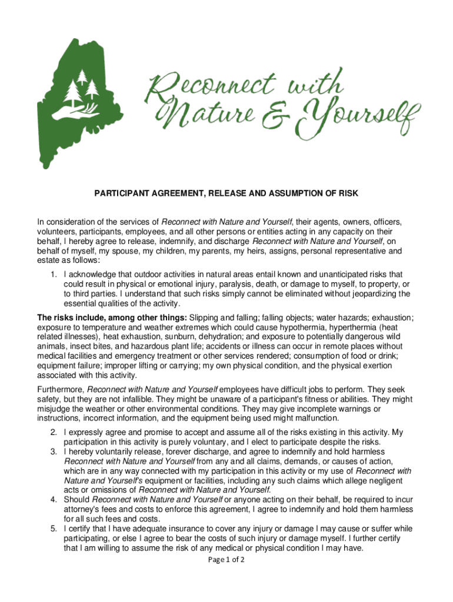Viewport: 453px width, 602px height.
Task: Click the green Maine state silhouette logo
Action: (76, 100)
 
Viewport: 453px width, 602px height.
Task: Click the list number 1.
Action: (53, 274)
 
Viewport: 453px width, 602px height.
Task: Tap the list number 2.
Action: (53, 433)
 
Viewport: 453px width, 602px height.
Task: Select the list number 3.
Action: (53, 451)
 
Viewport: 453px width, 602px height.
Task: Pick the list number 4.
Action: (53, 500)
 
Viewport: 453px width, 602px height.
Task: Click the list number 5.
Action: (53, 529)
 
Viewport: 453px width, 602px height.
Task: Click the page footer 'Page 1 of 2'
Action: (226, 559)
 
